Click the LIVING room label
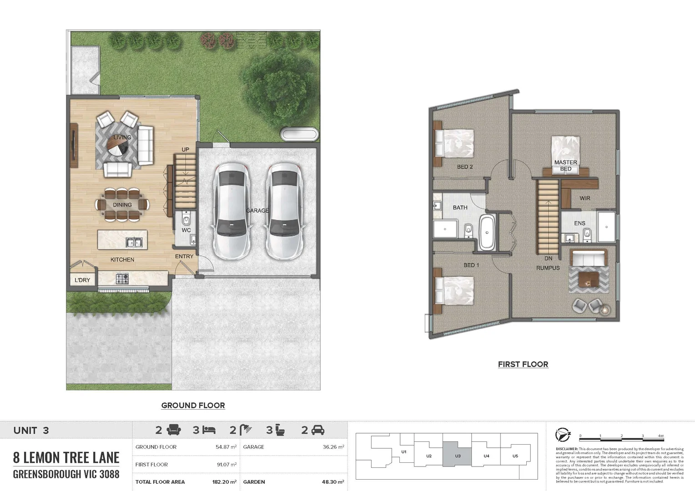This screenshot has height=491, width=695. (122, 137)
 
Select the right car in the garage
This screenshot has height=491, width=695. (284, 211)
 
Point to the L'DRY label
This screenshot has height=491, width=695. (82, 280)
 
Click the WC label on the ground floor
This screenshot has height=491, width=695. (186, 230)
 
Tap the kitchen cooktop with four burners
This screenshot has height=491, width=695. (122, 278)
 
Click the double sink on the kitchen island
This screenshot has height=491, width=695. (134, 242)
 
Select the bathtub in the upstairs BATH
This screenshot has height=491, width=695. (487, 232)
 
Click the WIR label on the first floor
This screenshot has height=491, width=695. (585, 198)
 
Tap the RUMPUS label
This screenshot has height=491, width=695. (548, 268)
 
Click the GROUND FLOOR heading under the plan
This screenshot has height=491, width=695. (193, 406)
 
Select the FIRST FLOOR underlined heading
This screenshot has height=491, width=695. (523, 364)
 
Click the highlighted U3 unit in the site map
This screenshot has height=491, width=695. (457, 456)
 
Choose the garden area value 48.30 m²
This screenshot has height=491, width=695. (333, 482)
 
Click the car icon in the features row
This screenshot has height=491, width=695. (318, 430)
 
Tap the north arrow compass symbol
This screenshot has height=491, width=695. (563, 435)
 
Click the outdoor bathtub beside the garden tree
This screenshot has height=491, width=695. (299, 134)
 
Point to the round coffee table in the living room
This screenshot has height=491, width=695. (116, 146)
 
